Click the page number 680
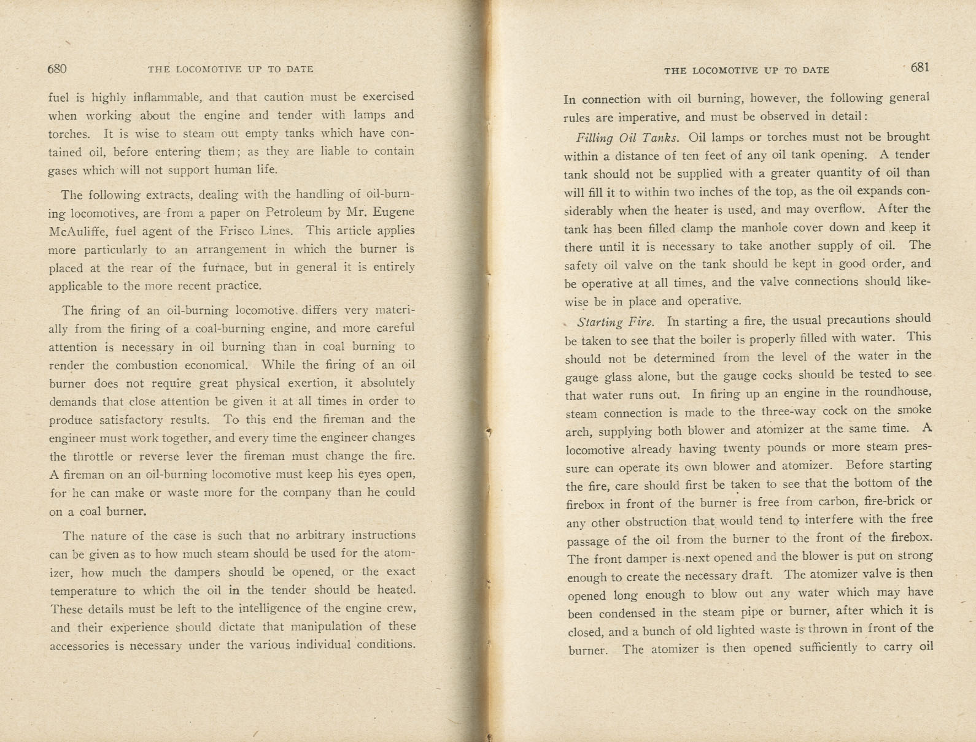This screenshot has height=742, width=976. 56,69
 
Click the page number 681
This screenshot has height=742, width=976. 920,67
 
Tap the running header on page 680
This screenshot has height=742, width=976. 231,69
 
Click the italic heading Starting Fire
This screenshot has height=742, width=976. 615,321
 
